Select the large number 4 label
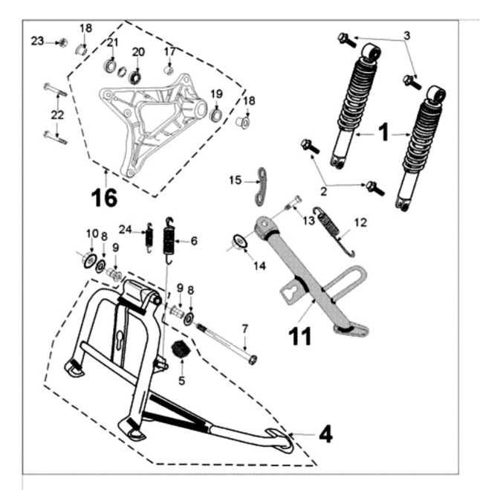(x=325, y=433)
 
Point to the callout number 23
(x=37, y=42)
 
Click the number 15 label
(x=235, y=180)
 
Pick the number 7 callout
(x=244, y=327)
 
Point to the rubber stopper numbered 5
(x=178, y=349)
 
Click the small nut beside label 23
(x=63, y=42)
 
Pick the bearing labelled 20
(x=136, y=75)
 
